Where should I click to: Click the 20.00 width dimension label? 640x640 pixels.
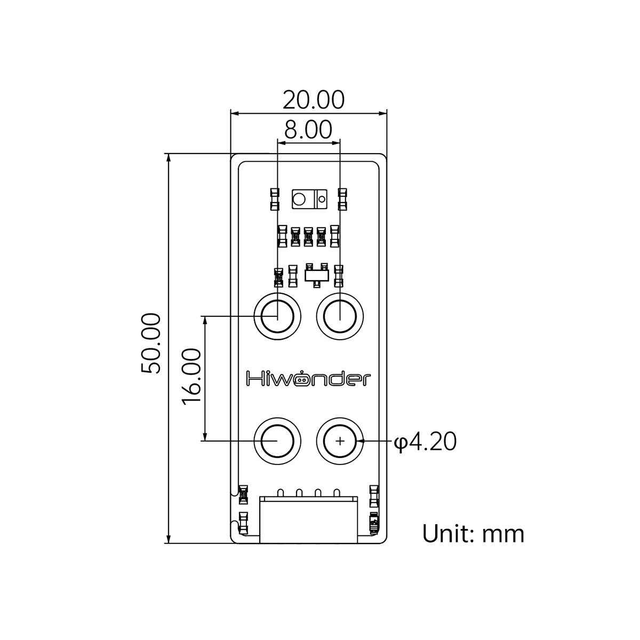pyautogui.click(x=313, y=100)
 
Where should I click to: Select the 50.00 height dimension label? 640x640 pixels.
pyautogui.click(x=151, y=343)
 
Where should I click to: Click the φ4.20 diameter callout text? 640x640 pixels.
pyautogui.click(x=425, y=442)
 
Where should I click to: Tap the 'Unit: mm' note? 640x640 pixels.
pyautogui.click(x=473, y=534)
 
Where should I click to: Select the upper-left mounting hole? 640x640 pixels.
pyautogui.click(x=277, y=316)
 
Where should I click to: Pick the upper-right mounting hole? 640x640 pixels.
pyautogui.click(x=340, y=316)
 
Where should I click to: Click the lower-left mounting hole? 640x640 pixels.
pyautogui.click(x=277, y=442)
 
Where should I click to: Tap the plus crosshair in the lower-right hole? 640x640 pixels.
pyautogui.click(x=340, y=442)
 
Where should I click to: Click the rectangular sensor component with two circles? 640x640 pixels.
pyautogui.click(x=309, y=199)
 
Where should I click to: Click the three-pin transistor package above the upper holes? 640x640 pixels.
pyautogui.click(x=316, y=275)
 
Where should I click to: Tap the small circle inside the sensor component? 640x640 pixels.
pyautogui.click(x=322, y=199)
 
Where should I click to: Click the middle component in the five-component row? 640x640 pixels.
pyautogui.click(x=308, y=236)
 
